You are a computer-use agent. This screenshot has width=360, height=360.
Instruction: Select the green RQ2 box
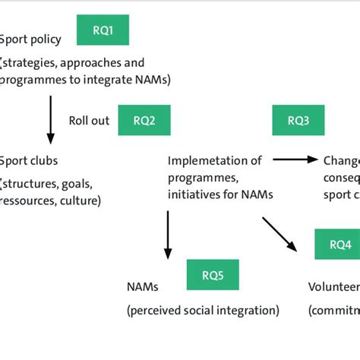144,120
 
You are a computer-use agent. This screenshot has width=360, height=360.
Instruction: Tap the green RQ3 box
298,120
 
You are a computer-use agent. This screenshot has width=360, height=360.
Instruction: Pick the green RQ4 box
339,244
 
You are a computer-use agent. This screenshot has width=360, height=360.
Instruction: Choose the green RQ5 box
212,274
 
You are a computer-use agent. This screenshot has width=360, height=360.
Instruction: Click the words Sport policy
26,39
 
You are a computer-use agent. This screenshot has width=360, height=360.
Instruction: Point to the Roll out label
89,121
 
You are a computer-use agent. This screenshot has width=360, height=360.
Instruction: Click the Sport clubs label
29,161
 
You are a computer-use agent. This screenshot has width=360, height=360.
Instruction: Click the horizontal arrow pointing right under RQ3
295,159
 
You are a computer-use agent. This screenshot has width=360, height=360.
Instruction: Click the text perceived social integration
203,310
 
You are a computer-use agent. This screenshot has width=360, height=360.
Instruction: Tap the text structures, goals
47,183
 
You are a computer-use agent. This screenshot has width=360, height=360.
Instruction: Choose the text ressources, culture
50,201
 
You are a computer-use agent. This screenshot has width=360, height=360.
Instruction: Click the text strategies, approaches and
72,62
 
